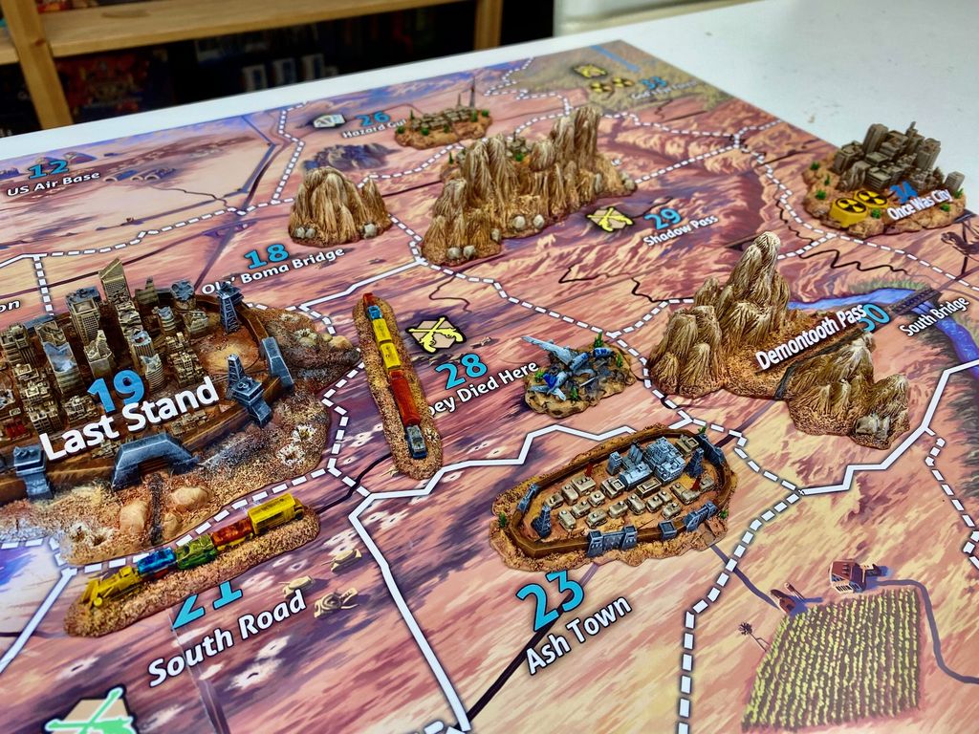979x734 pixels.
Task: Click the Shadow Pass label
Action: click(681, 230)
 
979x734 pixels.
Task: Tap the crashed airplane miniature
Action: click(574, 368)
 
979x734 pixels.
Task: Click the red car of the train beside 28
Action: click(402, 399)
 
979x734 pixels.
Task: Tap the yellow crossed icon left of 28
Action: click(435, 335)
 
